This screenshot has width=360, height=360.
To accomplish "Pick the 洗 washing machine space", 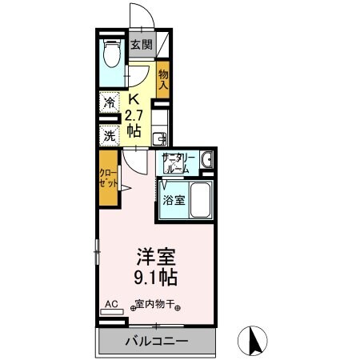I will click(110, 135).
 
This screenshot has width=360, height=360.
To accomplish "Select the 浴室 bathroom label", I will click(175, 200).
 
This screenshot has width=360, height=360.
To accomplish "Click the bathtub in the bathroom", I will click(199, 199).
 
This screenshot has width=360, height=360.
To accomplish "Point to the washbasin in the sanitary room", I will click(208, 160).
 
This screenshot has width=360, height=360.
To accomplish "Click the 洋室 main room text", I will click(155, 258).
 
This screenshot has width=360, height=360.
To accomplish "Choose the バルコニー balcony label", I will click(157, 342).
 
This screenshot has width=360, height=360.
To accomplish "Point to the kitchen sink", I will click(158, 137).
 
